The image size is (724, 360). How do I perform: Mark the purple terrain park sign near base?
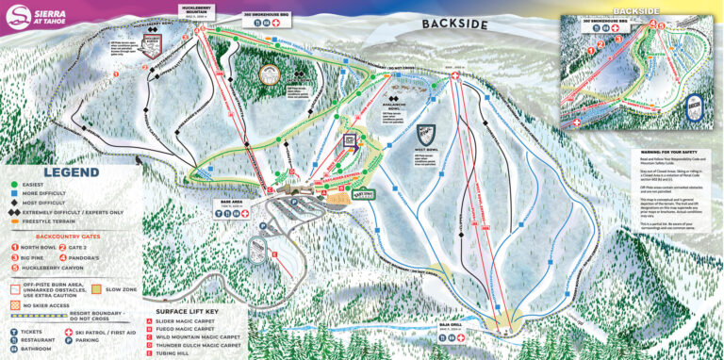point(349,139)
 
